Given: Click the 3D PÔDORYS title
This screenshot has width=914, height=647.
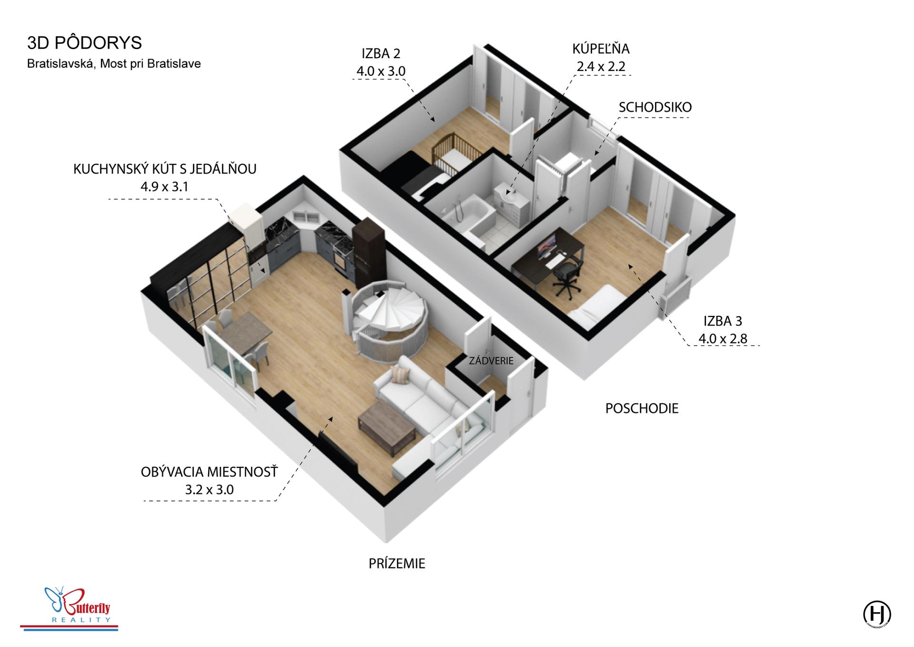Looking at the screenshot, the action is click(x=85, y=43).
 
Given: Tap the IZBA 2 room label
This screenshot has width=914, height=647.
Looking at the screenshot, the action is click(x=381, y=53).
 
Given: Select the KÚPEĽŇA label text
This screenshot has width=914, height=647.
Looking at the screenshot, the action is click(x=601, y=49).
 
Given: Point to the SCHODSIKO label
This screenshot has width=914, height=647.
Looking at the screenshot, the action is click(x=655, y=108).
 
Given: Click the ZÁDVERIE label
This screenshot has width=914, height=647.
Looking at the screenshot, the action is click(x=491, y=361).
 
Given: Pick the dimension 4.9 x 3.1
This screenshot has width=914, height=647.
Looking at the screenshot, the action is click(x=164, y=187).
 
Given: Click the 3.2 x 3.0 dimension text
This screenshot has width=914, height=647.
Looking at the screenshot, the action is click(x=209, y=490).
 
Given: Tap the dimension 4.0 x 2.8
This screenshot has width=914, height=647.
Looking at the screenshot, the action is click(x=723, y=339).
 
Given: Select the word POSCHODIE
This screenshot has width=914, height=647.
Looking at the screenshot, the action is click(x=642, y=408).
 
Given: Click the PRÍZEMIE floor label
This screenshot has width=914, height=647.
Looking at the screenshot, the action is click(x=397, y=564).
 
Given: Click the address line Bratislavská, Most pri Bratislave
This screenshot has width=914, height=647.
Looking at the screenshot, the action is click(x=114, y=64).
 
